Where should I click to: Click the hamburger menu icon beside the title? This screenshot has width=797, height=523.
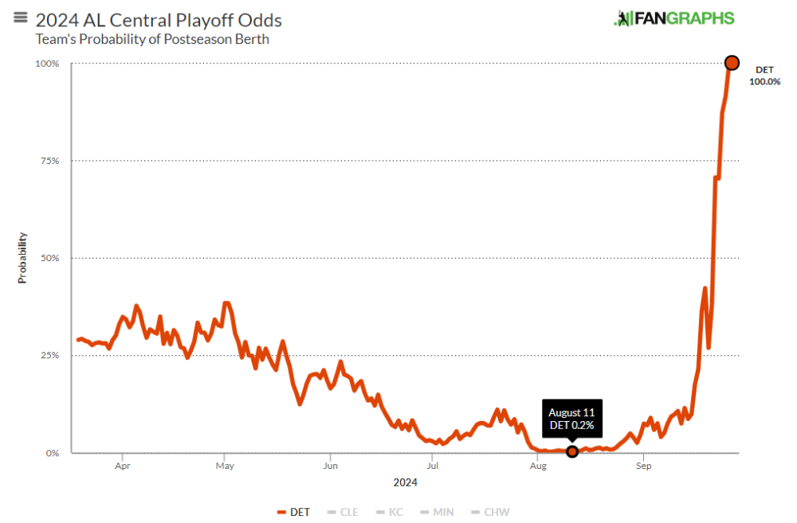click(x=21, y=18)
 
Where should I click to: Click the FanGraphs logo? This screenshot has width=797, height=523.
click(x=673, y=18)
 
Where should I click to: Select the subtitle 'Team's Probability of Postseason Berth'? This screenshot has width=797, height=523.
click(x=152, y=39)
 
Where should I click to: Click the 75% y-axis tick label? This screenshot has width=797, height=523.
click(x=50, y=161)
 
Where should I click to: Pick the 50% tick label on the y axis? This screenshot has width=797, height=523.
click(x=50, y=258)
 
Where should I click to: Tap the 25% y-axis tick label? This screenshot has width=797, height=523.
click(x=50, y=355)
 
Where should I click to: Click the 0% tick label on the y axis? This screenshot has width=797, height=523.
click(x=53, y=453)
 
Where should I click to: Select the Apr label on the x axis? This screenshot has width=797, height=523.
click(x=122, y=467)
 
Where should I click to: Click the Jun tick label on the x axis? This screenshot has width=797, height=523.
click(x=330, y=467)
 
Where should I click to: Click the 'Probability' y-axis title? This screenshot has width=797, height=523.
click(x=22, y=258)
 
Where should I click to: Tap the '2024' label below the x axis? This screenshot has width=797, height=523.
click(x=405, y=482)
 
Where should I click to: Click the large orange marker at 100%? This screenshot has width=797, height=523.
click(x=732, y=63)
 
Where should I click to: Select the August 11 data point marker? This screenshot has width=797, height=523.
click(x=571, y=451)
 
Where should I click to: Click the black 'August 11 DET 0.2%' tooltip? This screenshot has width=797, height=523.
click(x=571, y=419)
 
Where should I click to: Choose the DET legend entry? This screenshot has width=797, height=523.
click(x=294, y=512)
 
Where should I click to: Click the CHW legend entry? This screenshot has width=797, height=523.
click(x=490, y=512)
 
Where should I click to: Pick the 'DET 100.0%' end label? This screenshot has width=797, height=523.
click(x=764, y=76)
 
